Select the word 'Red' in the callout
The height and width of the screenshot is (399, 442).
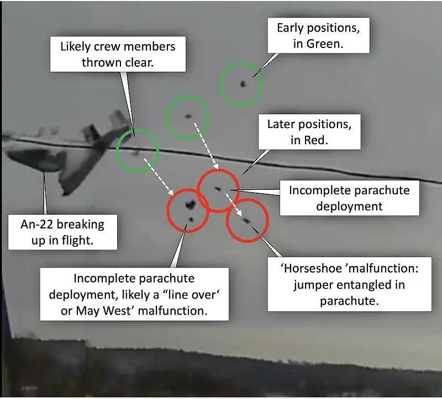(315, 140)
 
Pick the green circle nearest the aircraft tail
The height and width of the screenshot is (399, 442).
(138, 149)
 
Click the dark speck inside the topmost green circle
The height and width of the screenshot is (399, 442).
(242, 83)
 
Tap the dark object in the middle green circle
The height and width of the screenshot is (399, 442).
(188, 116)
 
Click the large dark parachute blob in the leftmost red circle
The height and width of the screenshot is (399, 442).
(190, 206)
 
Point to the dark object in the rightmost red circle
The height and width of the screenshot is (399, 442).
(246, 220)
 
